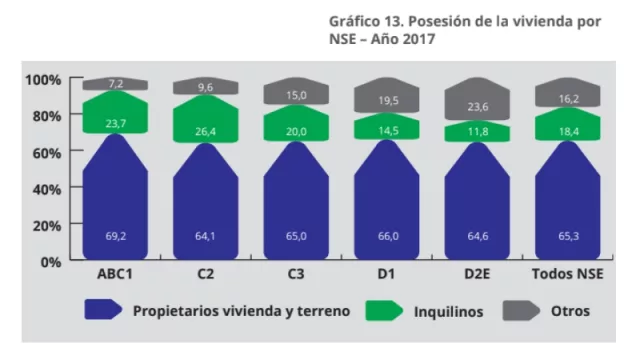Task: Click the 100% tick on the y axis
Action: click(x=43, y=79)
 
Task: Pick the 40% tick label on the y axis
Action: click(x=46, y=188)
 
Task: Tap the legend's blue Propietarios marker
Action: click(x=104, y=311)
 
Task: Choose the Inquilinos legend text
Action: click(x=448, y=311)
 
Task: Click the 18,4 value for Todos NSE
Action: click(x=568, y=132)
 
